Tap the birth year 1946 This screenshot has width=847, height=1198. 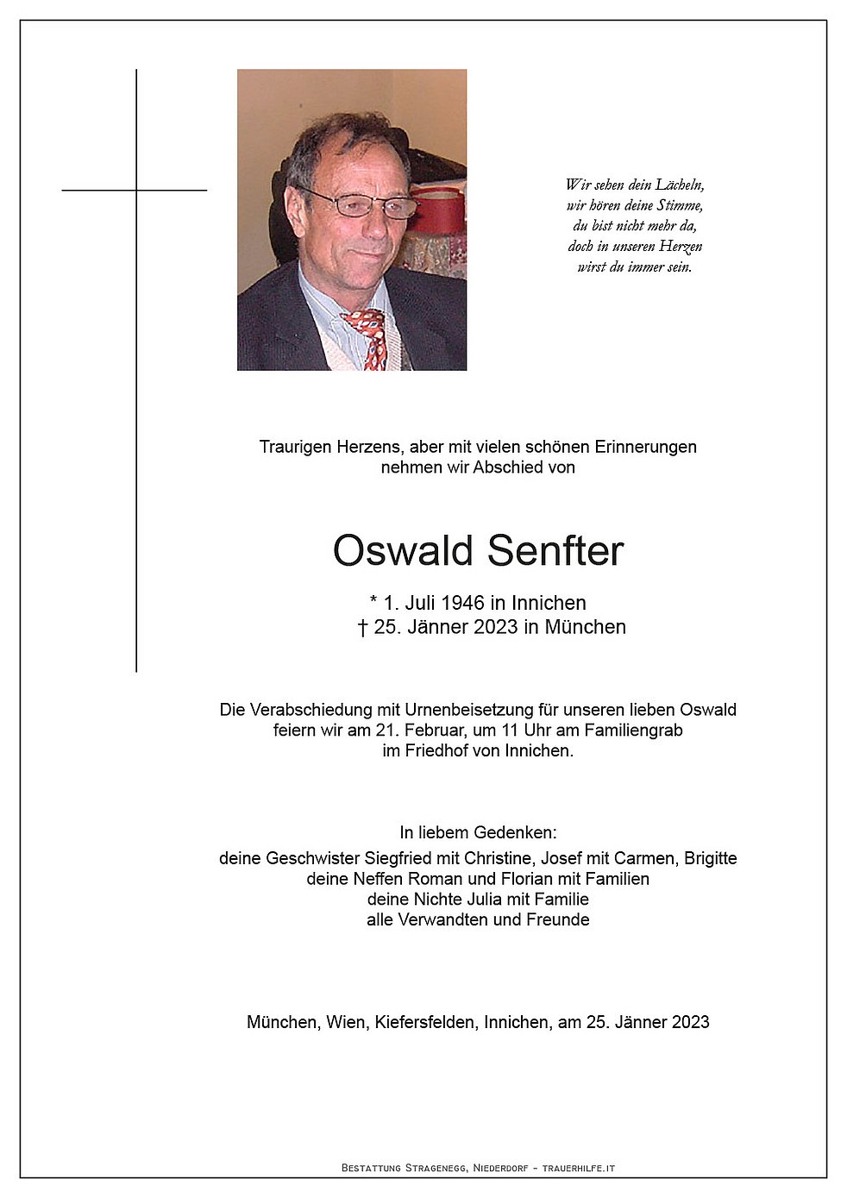[461, 603]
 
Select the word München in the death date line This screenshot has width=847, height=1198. [585, 627]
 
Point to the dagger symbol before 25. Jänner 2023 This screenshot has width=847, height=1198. [363, 627]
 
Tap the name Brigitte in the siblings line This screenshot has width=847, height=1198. [710, 858]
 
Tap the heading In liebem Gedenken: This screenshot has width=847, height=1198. [478, 832]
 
